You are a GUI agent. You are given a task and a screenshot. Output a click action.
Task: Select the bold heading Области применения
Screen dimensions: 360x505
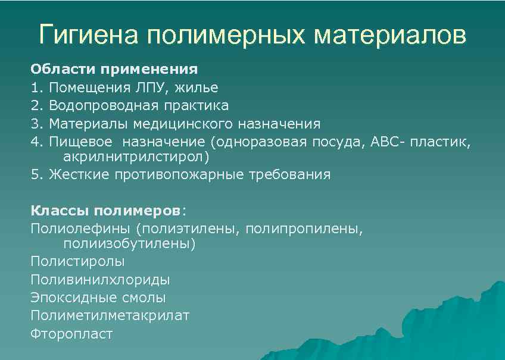point(114,69)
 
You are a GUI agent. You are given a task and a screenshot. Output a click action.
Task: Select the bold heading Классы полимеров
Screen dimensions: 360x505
point(105,211)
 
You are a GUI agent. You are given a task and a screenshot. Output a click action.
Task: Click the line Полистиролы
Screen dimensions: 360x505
point(77,261)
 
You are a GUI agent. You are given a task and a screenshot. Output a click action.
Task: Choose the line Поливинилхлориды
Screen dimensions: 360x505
point(99,279)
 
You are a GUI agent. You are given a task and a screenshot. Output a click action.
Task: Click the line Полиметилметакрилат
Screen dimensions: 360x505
point(110,315)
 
